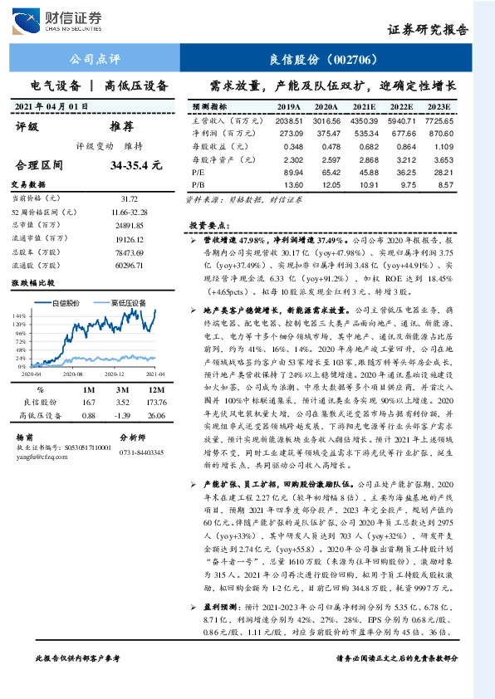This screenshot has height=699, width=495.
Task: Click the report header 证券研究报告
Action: [427, 30]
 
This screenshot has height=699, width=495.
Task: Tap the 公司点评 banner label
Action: [93, 60]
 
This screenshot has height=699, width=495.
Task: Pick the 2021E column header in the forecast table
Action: [365, 107]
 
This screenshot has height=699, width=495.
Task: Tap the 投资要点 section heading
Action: [206, 225]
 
